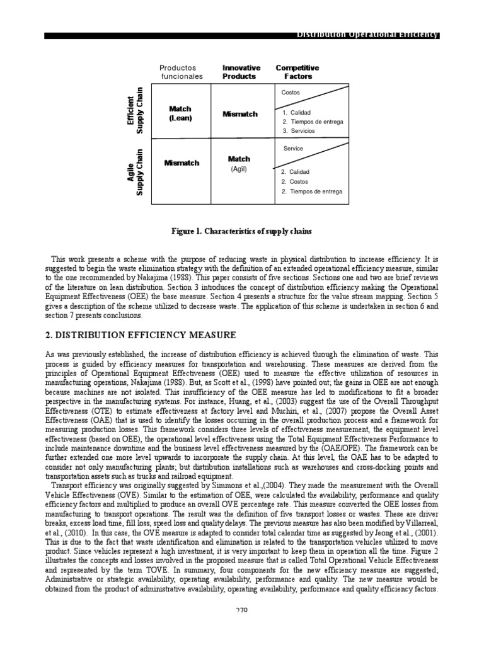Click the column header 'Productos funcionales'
coord(181,72)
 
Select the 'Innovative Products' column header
coord(239,72)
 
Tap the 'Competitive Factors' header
coord(297,72)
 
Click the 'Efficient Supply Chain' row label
coord(136,110)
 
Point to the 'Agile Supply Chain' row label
coord(136,171)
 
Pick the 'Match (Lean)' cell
coord(180,113)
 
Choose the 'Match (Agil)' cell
coord(239,164)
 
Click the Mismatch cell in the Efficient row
coord(240,114)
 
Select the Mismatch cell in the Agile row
coord(181,163)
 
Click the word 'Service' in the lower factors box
coord(293,149)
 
